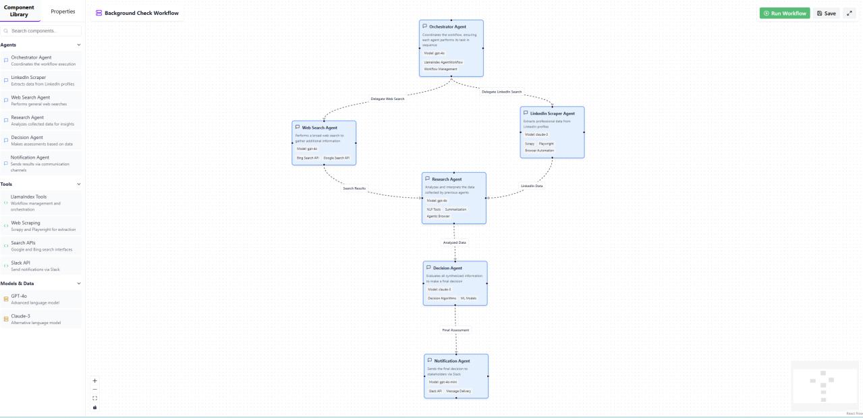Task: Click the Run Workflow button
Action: tap(784, 14)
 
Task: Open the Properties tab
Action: tap(63, 11)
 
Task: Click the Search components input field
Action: tap(42, 31)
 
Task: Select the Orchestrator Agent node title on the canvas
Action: tap(447, 27)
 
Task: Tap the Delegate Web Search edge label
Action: tap(387, 99)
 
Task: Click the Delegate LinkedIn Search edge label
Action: tap(501, 92)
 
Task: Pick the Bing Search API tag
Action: tap(308, 158)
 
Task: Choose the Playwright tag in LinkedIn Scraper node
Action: tap(546, 144)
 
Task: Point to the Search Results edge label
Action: tap(354, 188)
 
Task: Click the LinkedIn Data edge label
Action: tap(532, 186)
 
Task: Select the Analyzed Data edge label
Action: tap(454, 242)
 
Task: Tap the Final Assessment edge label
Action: tap(455, 330)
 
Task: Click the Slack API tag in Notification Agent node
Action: tap(435, 391)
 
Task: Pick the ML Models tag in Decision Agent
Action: tap(468, 298)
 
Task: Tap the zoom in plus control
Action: tap(94, 381)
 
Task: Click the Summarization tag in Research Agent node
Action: tap(455, 209)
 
